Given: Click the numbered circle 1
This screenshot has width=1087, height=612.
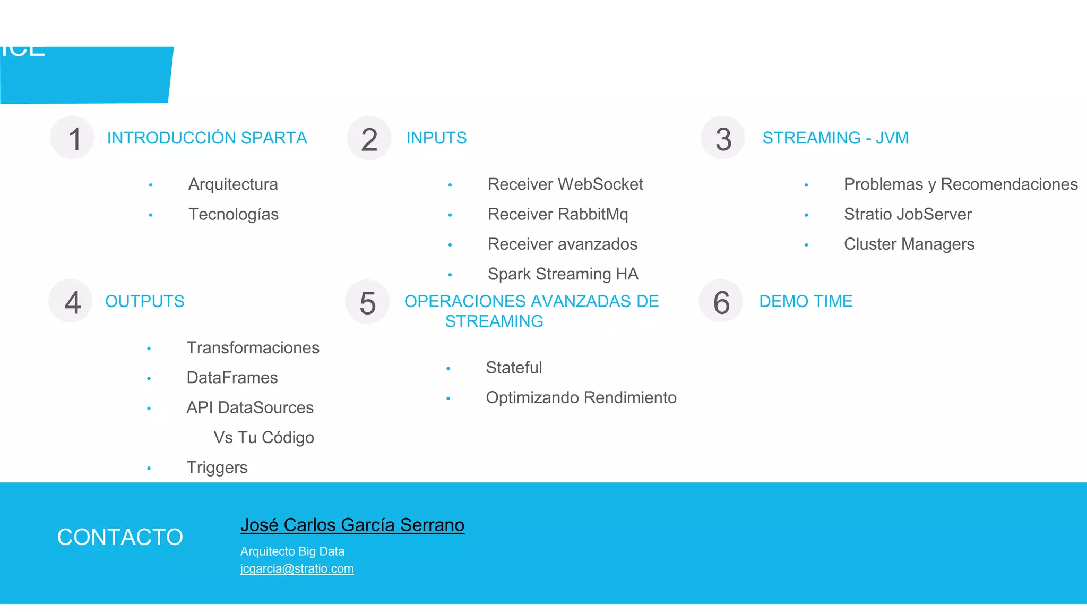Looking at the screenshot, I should (73, 138).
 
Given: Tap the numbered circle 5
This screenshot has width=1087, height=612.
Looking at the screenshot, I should (367, 302).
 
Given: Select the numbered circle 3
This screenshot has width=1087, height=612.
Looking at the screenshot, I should (723, 138).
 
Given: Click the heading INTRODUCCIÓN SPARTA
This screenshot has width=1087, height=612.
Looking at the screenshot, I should (207, 138).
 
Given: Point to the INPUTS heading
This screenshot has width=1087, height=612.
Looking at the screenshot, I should (436, 138).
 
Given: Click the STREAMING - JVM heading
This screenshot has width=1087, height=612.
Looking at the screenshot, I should (835, 138).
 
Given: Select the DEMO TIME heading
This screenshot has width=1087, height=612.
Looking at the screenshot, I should (806, 302).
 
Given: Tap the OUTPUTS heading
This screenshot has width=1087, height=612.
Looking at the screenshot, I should (145, 302).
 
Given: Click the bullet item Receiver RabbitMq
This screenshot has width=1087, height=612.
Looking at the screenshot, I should (558, 214).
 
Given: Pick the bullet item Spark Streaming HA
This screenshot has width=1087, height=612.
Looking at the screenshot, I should (563, 274).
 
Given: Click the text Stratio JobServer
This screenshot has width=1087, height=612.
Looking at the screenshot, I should (908, 214).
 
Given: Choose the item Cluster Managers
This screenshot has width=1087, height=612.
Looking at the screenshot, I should (909, 244).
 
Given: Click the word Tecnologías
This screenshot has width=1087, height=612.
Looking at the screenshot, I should (234, 214).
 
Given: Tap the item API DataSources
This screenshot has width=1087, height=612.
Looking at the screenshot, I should (250, 407).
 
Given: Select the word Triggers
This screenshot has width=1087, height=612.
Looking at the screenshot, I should (217, 467).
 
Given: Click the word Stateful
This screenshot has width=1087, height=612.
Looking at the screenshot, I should (514, 368).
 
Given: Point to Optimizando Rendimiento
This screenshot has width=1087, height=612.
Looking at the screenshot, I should (581, 398).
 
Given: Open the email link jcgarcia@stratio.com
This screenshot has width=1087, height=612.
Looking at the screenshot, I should (297, 569).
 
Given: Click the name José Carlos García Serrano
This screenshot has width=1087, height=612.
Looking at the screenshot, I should (352, 525).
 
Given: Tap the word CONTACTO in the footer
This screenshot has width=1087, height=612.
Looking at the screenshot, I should (120, 537).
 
